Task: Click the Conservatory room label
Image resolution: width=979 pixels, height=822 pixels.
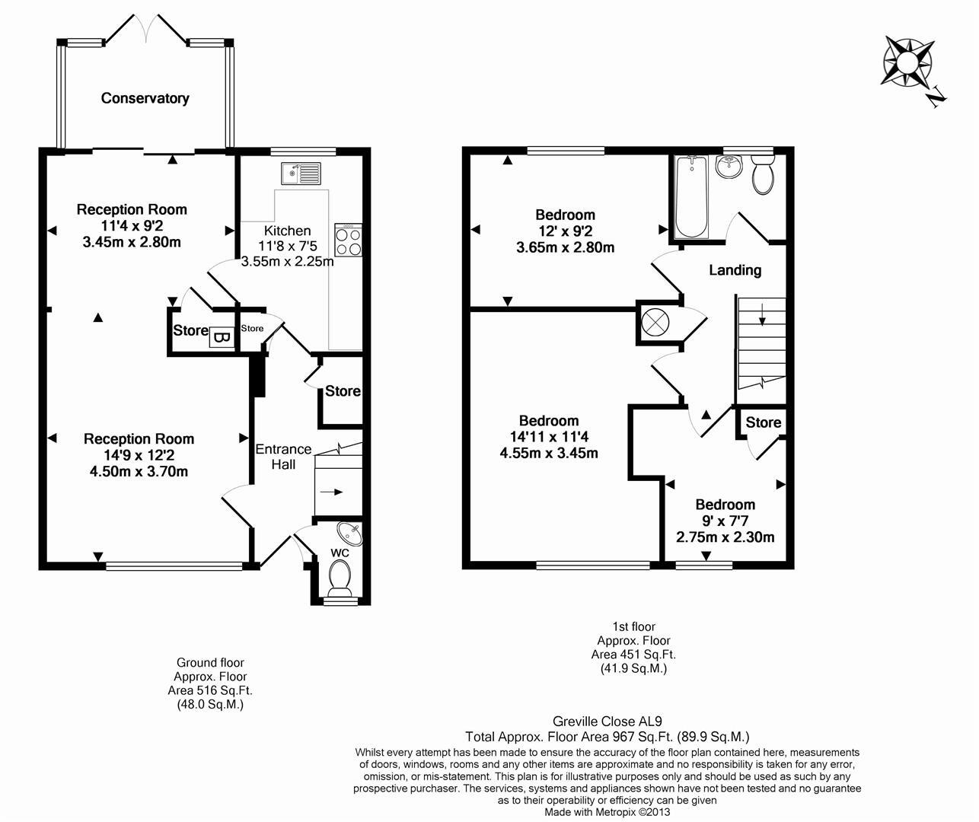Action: point(145,98)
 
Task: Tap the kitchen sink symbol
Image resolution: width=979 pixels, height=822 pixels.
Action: point(301,174)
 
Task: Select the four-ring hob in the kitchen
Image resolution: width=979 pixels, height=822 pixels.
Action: point(348,241)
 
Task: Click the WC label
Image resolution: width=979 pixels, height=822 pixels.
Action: point(340,552)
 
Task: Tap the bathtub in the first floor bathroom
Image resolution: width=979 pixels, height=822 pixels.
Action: point(691,197)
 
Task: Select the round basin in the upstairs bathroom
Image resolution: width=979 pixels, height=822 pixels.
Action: point(730,166)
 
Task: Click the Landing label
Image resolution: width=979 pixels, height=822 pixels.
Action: point(735,270)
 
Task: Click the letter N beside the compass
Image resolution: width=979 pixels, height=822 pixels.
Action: point(936,97)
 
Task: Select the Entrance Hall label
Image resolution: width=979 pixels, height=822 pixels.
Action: point(283,456)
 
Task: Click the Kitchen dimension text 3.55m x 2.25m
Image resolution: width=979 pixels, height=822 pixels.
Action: point(288,262)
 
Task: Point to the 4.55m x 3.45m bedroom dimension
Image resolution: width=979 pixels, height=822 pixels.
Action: point(548,454)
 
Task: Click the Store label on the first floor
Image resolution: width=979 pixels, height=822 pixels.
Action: point(763,422)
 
